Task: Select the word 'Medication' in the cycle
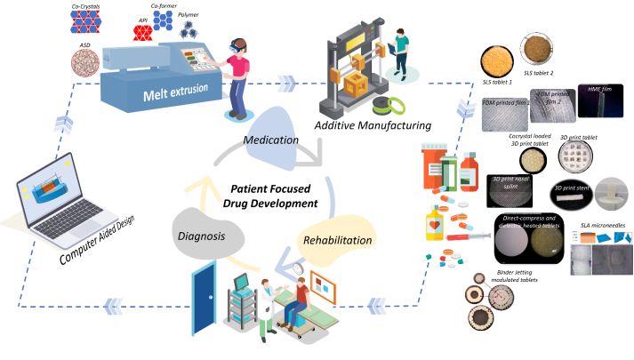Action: [270, 140]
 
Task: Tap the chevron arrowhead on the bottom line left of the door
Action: [114, 306]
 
